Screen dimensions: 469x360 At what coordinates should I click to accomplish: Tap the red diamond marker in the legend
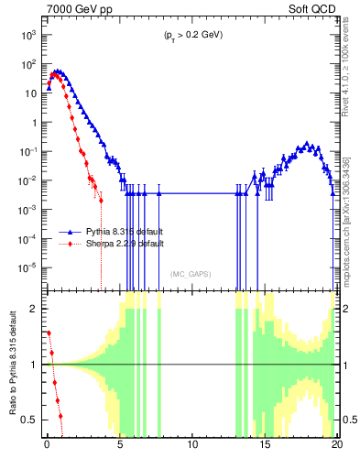pyautogui.click(x=69, y=245)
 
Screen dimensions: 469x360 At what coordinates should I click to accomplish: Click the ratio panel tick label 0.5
pyautogui.click(x=30, y=420)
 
